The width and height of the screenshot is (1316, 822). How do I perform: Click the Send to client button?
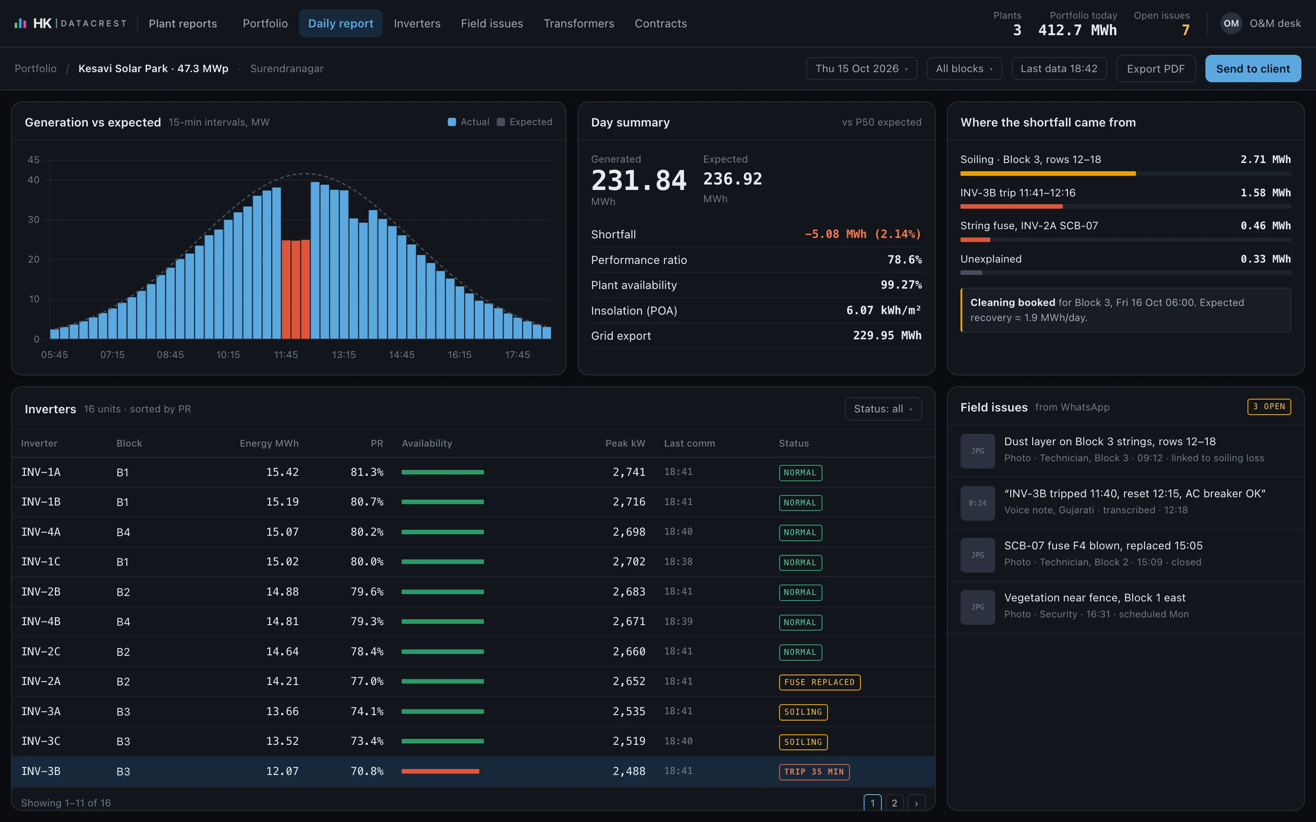pyautogui.click(x=1253, y=68)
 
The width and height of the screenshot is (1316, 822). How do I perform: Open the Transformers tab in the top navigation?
pyautogui.click(x=578, y=23)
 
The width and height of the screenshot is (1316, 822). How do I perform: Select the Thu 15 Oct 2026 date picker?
pyautogui.click(x=861, y=68)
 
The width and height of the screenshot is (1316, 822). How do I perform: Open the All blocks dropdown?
pyautogui.click(x=964, y=68)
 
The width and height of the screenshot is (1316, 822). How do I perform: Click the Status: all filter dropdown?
pyautogui.click(x=883, y=409)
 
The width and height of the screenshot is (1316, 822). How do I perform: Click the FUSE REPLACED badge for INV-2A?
pyautogui.click(x=819, y=682)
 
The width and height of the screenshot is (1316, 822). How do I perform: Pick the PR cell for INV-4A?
pyautogui.click(x=367, y=532)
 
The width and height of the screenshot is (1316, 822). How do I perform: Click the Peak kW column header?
pyautogui.click(x=626, y=443)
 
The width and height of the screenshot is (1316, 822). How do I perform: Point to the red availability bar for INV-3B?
pyautogui.click(x=440, y=771)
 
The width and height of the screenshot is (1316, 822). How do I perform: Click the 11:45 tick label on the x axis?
pyautogui.click(x=286, y=354)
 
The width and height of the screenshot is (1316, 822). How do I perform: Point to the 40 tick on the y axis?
pyautogui.click(x=34, y=179)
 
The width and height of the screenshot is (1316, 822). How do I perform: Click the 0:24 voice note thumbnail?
pyautogui.click(x=978, y=503)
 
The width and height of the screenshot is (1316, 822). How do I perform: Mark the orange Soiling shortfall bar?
pyautogui.click(x=1048, y=174)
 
